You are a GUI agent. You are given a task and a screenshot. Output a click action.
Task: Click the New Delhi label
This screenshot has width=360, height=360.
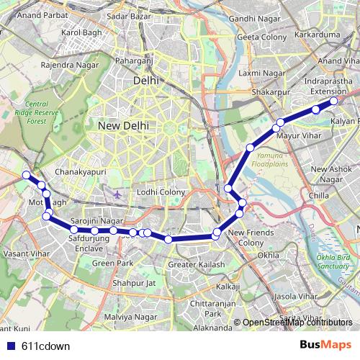[x=123, y=125]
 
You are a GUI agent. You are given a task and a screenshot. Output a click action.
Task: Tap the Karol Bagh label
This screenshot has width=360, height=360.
[x=79, y=32]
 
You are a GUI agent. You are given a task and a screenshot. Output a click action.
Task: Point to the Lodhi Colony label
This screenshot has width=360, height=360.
[x=161, y=192]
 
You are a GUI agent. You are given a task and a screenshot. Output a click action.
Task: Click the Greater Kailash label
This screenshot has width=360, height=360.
[x=196, y=265]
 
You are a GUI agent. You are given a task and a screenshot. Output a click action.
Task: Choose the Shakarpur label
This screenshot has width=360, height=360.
[x=270, y=93]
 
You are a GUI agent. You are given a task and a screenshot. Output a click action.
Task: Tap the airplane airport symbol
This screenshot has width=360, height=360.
[x=117, y=194]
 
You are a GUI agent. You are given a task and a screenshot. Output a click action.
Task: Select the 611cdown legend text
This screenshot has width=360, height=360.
[x=42, y=346]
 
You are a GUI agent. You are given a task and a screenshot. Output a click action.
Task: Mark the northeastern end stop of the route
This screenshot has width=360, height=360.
[x=334, y=102]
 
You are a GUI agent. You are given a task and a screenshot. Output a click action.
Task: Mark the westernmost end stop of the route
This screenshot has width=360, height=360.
[x=26, y=175]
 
